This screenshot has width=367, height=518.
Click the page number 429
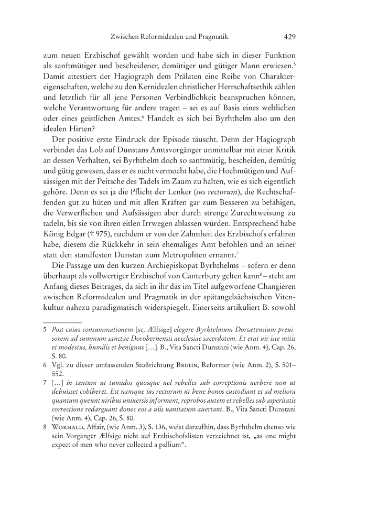coord(290,37)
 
